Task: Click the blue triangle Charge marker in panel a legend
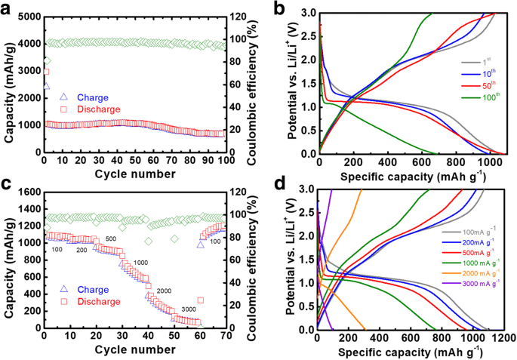click(x=63, y=97)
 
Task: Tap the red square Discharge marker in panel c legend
click(x=63, y=301)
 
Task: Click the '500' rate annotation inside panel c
click(x=109, y=239)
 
